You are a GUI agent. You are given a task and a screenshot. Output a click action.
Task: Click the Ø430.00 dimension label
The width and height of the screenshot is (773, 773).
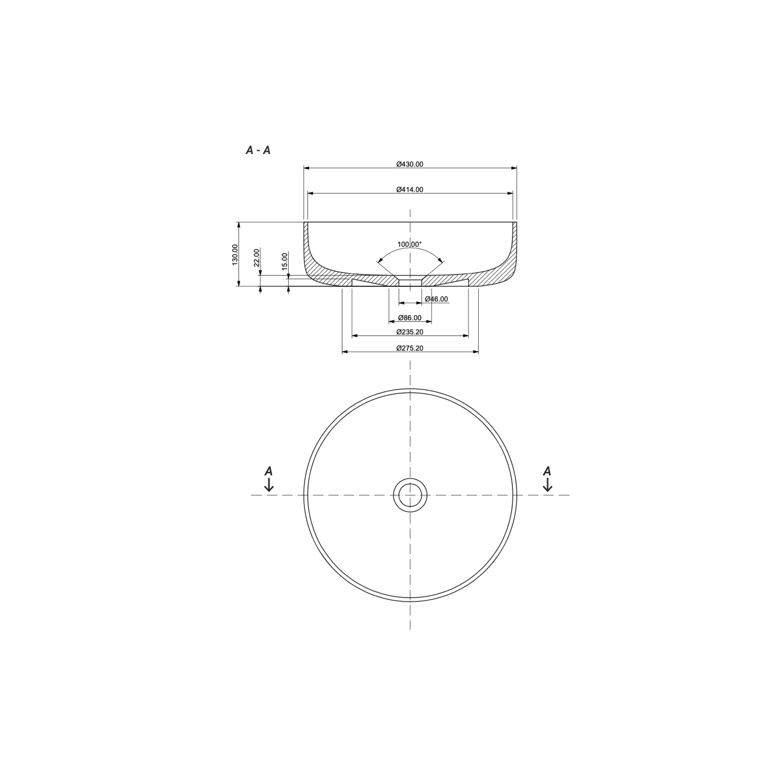410,164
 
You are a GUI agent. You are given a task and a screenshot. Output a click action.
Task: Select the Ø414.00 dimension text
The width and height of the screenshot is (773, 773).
410,190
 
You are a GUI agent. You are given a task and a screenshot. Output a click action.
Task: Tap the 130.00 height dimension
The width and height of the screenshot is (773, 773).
235,255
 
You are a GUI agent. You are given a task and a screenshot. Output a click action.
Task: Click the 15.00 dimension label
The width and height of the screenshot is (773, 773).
285,261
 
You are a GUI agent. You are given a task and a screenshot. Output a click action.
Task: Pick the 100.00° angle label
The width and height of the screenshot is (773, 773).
410,244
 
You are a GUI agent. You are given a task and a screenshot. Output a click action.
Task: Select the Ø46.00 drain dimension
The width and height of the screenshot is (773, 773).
436,299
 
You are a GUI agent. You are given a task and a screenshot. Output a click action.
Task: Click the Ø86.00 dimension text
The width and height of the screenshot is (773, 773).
410,318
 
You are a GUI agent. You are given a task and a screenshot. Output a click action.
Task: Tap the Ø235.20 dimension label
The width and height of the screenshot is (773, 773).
410,332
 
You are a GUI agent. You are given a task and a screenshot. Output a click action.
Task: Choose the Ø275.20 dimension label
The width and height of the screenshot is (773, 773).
410,348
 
